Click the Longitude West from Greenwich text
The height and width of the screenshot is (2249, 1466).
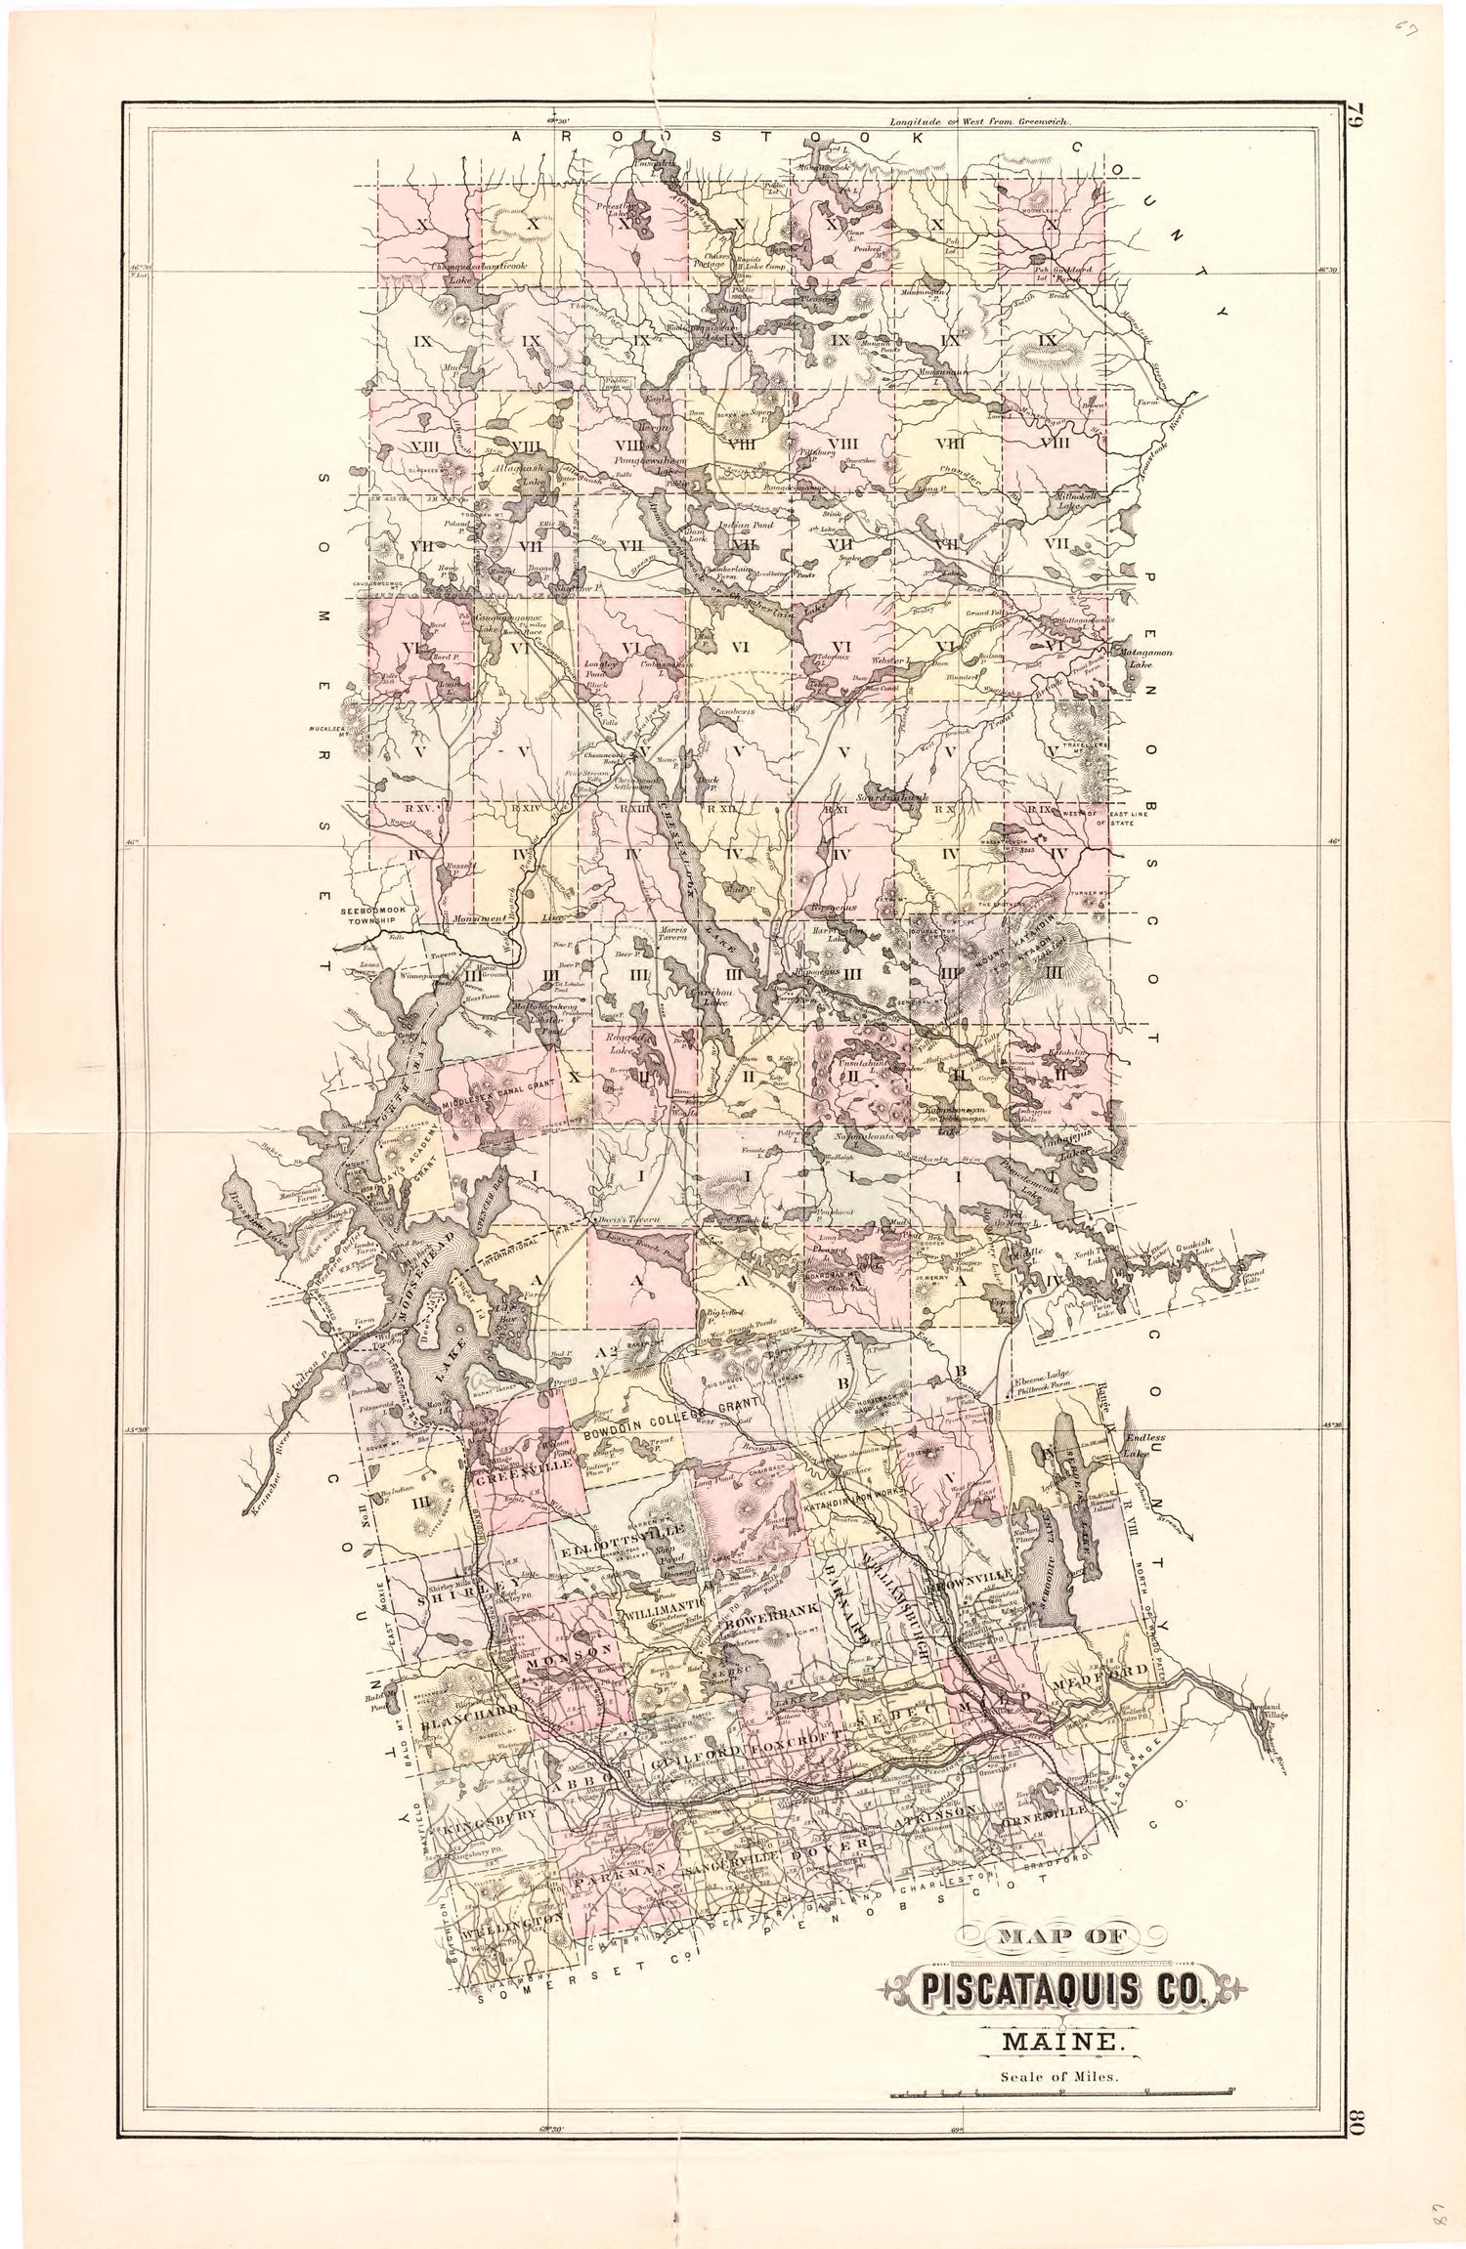980,123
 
